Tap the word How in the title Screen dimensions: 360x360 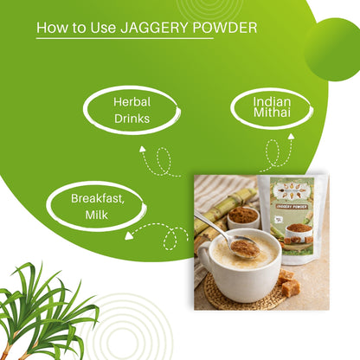tap(49, 29)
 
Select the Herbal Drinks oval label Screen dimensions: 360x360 tap(132, 110)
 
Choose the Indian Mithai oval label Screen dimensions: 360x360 tap(272, 110)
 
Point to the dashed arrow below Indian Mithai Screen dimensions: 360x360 tap(277, 153)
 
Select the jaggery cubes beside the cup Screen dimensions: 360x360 tap(286, 281)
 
